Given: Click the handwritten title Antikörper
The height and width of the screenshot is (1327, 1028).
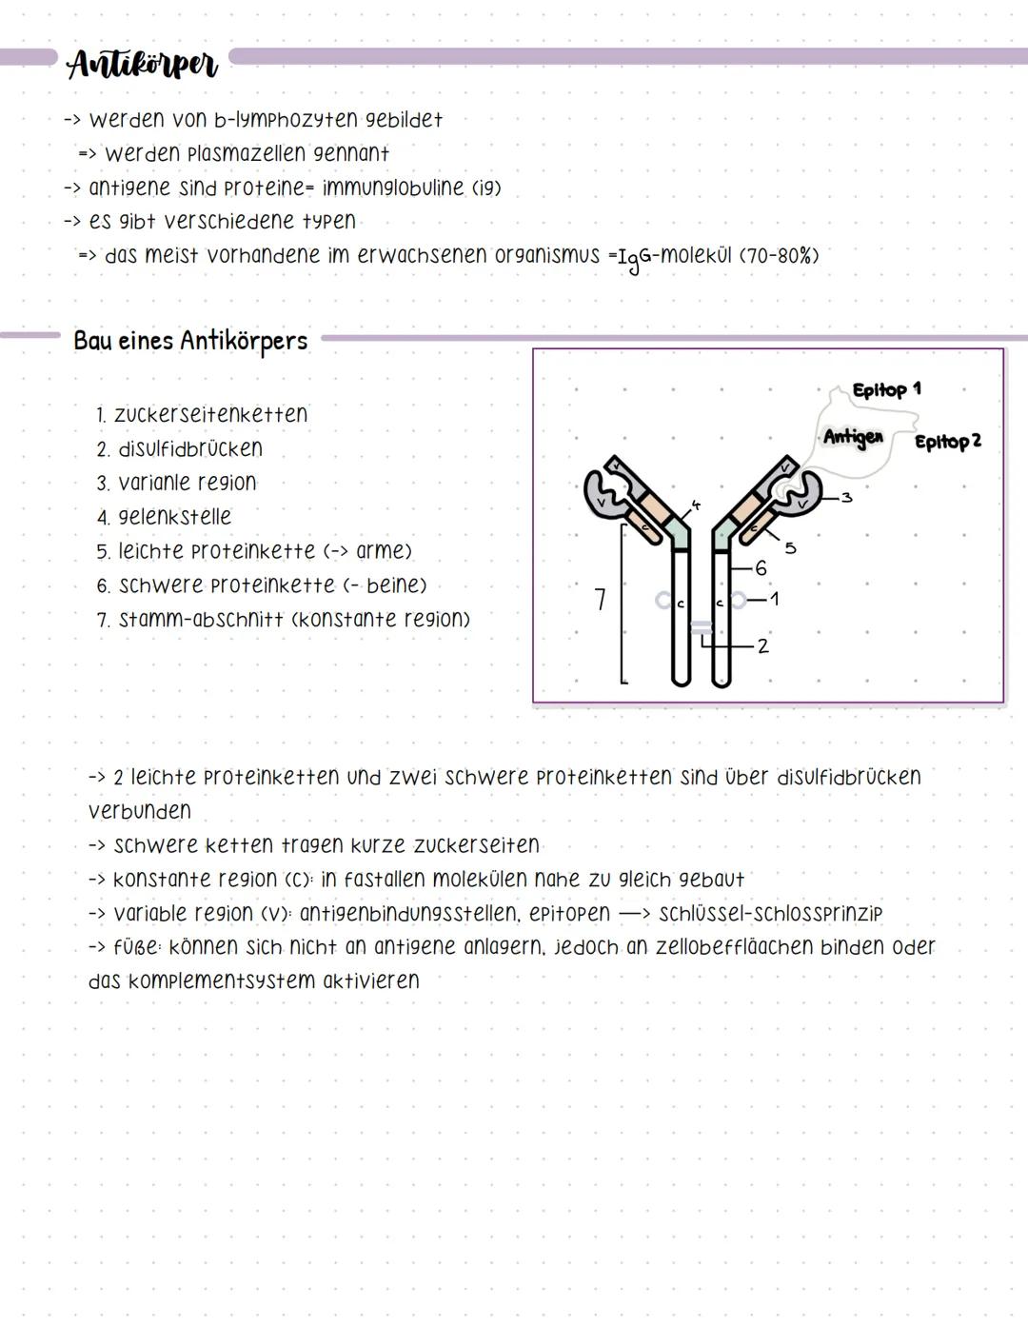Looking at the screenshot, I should click(143, 65).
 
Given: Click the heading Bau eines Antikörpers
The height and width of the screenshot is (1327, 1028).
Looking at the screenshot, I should click(190, 341).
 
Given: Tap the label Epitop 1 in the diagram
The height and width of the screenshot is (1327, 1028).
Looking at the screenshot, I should click(886, 389).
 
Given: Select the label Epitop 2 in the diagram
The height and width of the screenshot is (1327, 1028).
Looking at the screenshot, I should click(947, 442).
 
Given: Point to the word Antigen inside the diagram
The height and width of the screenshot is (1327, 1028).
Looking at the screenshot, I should click(853, 437).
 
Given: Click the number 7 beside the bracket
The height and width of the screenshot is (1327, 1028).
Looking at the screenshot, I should click(600, 600).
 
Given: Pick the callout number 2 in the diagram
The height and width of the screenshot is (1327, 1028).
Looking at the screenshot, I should click(763, 646).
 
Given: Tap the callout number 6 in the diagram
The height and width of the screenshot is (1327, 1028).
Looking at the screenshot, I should click(760, 568).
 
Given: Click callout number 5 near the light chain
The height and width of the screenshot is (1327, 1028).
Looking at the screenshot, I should click(790, 547).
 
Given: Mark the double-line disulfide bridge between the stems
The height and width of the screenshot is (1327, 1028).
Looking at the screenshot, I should click(701, 626).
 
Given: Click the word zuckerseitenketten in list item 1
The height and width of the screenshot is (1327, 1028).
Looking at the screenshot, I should click(210, 415).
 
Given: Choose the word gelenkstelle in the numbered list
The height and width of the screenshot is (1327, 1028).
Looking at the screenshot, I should click(174, 517).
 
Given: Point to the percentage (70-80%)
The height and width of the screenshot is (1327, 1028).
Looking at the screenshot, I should click(779, 256).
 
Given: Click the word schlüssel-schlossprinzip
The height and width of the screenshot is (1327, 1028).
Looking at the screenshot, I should click(770, 914).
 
